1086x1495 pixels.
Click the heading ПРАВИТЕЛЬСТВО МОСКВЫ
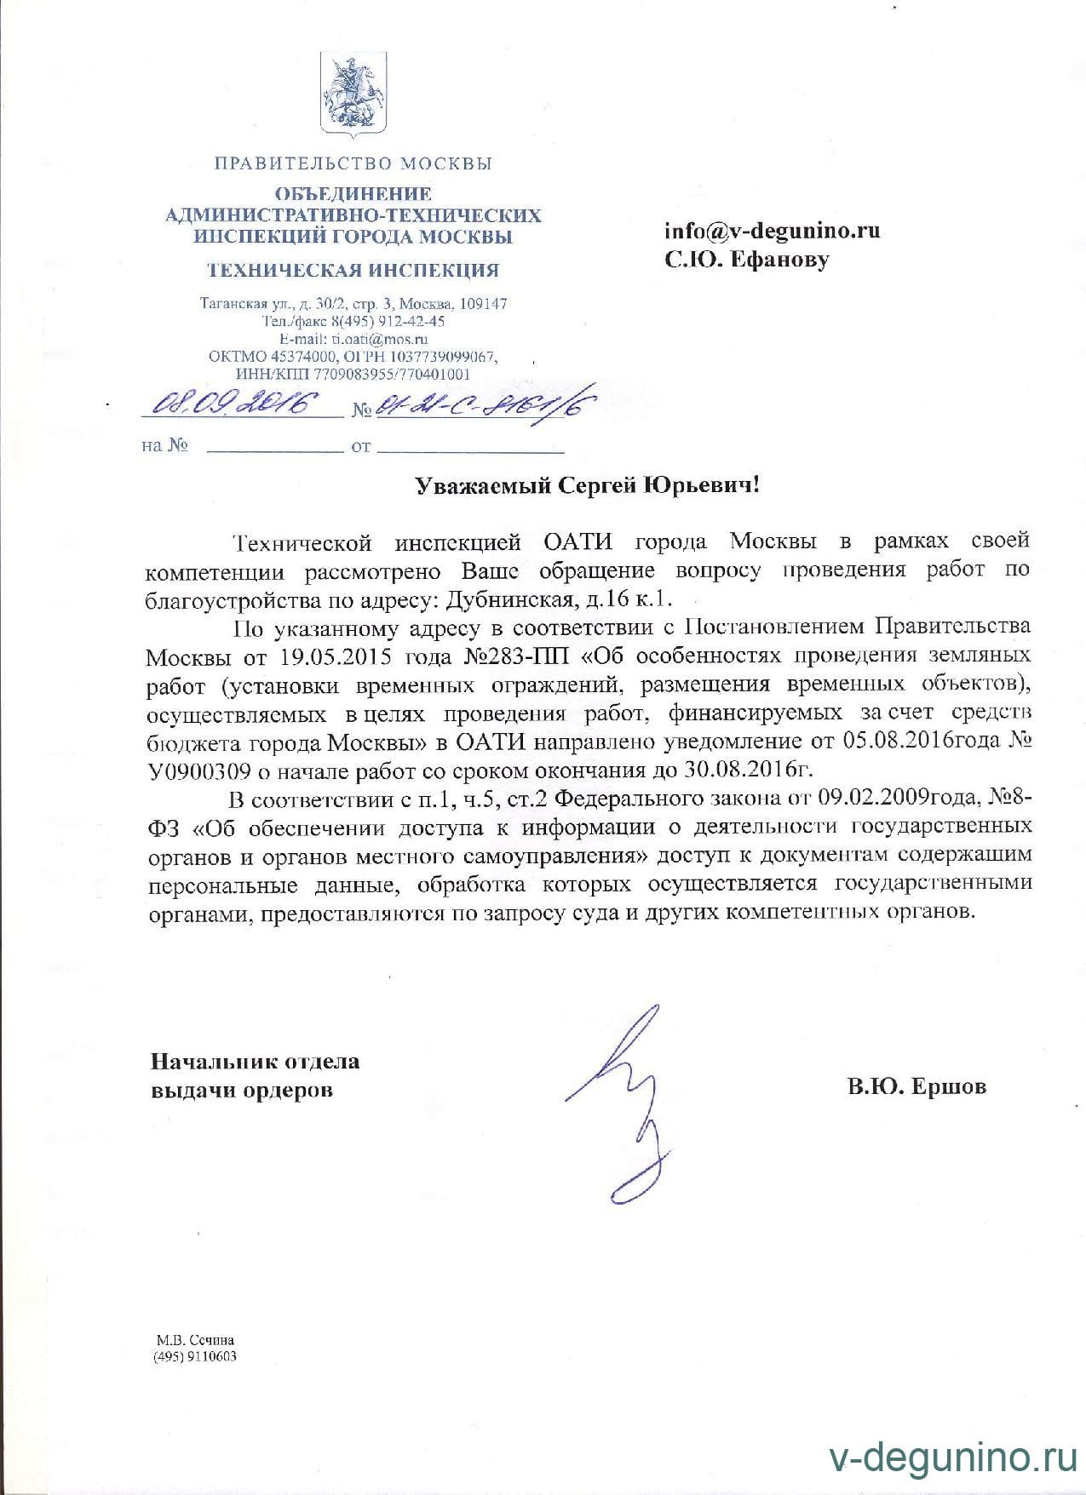[353, 163]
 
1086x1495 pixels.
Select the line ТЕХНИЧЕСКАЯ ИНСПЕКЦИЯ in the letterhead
[353, 271]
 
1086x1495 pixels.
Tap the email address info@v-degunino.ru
[773, 231]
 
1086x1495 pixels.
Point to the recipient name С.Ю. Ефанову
[747, 259]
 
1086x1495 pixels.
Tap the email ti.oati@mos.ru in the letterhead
[379, 338]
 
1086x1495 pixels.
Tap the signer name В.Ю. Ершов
[916, 1086]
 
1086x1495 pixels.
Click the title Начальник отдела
[256, 1061]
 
